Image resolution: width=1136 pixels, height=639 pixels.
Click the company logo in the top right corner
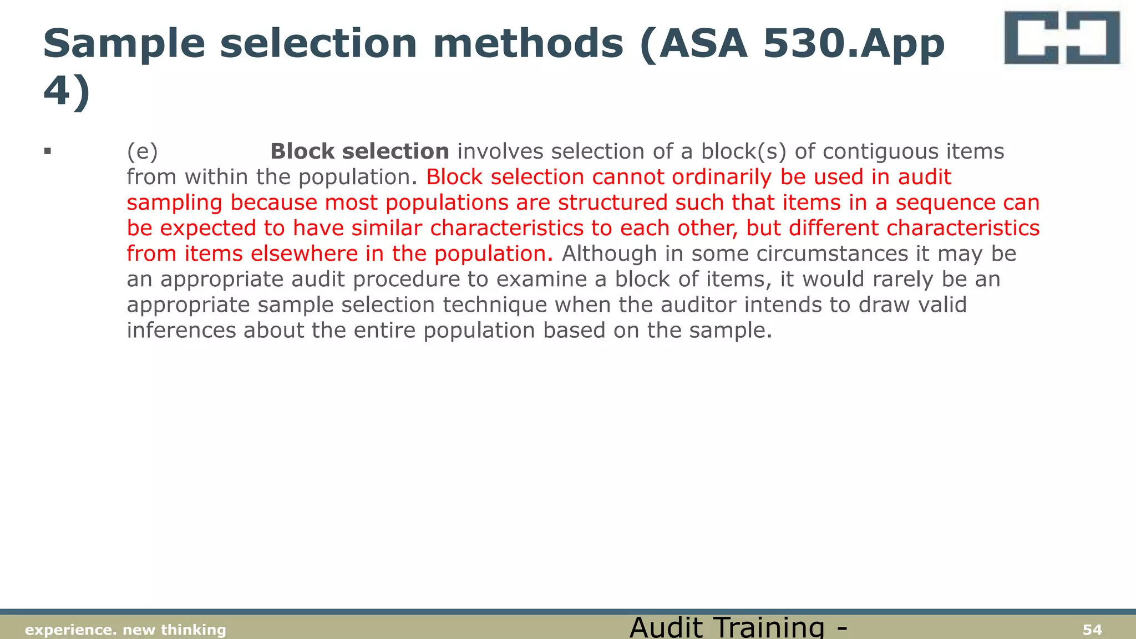tap(1062, 38)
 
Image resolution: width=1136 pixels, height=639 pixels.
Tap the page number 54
tap(1092, 630)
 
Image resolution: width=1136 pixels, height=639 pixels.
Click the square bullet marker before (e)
tap(48, 151)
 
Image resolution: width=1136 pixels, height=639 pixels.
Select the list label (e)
tap(143, 151)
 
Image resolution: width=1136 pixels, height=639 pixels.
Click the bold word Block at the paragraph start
tap(302, 151)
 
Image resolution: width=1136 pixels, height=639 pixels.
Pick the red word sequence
tap(945, 202)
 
